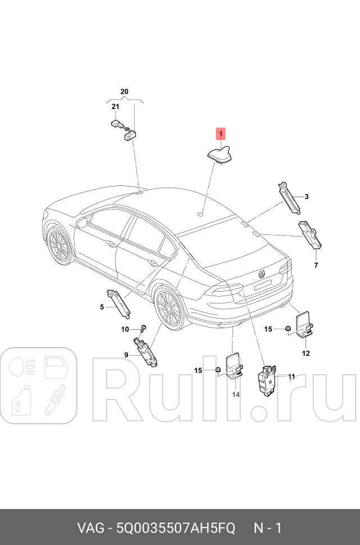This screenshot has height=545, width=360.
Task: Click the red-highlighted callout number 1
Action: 221,134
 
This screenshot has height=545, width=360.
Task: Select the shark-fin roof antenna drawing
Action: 217,154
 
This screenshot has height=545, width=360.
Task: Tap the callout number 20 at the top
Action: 124,92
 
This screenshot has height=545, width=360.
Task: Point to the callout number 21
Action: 115,106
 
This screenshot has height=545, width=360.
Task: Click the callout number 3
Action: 307,197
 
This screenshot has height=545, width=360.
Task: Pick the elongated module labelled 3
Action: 289,198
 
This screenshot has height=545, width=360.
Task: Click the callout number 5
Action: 102,307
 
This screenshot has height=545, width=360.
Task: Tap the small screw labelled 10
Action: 144,327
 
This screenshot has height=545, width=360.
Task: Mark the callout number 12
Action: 306,353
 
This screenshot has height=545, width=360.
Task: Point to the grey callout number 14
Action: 236,395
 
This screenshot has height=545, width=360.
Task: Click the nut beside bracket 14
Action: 216,370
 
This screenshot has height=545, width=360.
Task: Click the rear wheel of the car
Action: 167,308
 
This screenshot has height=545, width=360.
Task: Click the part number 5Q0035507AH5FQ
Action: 175,528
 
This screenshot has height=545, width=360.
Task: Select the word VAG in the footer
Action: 90,528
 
